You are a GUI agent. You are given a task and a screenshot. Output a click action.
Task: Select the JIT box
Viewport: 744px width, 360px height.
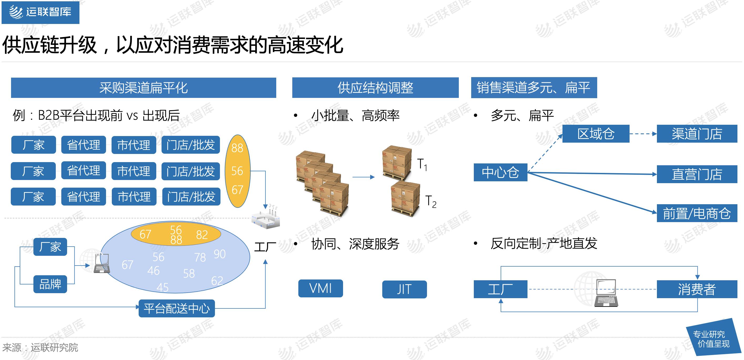tap(404, 289)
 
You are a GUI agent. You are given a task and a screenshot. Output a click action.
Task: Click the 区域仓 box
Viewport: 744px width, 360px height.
tap(596, 134)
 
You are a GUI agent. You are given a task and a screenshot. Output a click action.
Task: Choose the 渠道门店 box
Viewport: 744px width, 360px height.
tap(697, 134)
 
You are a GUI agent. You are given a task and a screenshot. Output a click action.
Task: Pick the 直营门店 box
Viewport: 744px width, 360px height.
tap(697, 174)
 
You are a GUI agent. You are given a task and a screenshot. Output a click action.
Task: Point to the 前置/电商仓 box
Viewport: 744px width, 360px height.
tap(697, 213)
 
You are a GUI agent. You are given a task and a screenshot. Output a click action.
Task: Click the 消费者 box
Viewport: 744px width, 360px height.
tap(697, 289)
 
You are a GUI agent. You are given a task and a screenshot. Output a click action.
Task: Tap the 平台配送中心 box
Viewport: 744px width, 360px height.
tap(177, 308)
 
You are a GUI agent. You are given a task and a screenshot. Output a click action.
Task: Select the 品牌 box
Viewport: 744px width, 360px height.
tap(50, 284)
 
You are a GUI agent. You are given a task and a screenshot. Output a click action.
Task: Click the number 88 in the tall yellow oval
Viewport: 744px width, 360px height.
tap(237, 148)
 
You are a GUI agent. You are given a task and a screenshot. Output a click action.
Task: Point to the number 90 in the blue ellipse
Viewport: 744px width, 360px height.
tap(219, 254)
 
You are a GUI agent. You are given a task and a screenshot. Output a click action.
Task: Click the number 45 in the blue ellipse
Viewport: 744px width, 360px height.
tap(162, 287)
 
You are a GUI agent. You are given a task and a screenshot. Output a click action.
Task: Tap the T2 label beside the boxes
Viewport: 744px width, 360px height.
tap(431, 201)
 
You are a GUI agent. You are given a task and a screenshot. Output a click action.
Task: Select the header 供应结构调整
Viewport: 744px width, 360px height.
tap(375, 88)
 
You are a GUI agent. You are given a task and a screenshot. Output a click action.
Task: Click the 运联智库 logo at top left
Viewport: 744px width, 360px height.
tap(41, 12)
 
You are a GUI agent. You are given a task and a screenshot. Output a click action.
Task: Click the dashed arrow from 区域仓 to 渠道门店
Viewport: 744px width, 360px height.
tap(643, 134)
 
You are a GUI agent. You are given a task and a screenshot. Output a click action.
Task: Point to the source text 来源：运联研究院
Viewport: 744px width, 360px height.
tap(40, 347)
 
